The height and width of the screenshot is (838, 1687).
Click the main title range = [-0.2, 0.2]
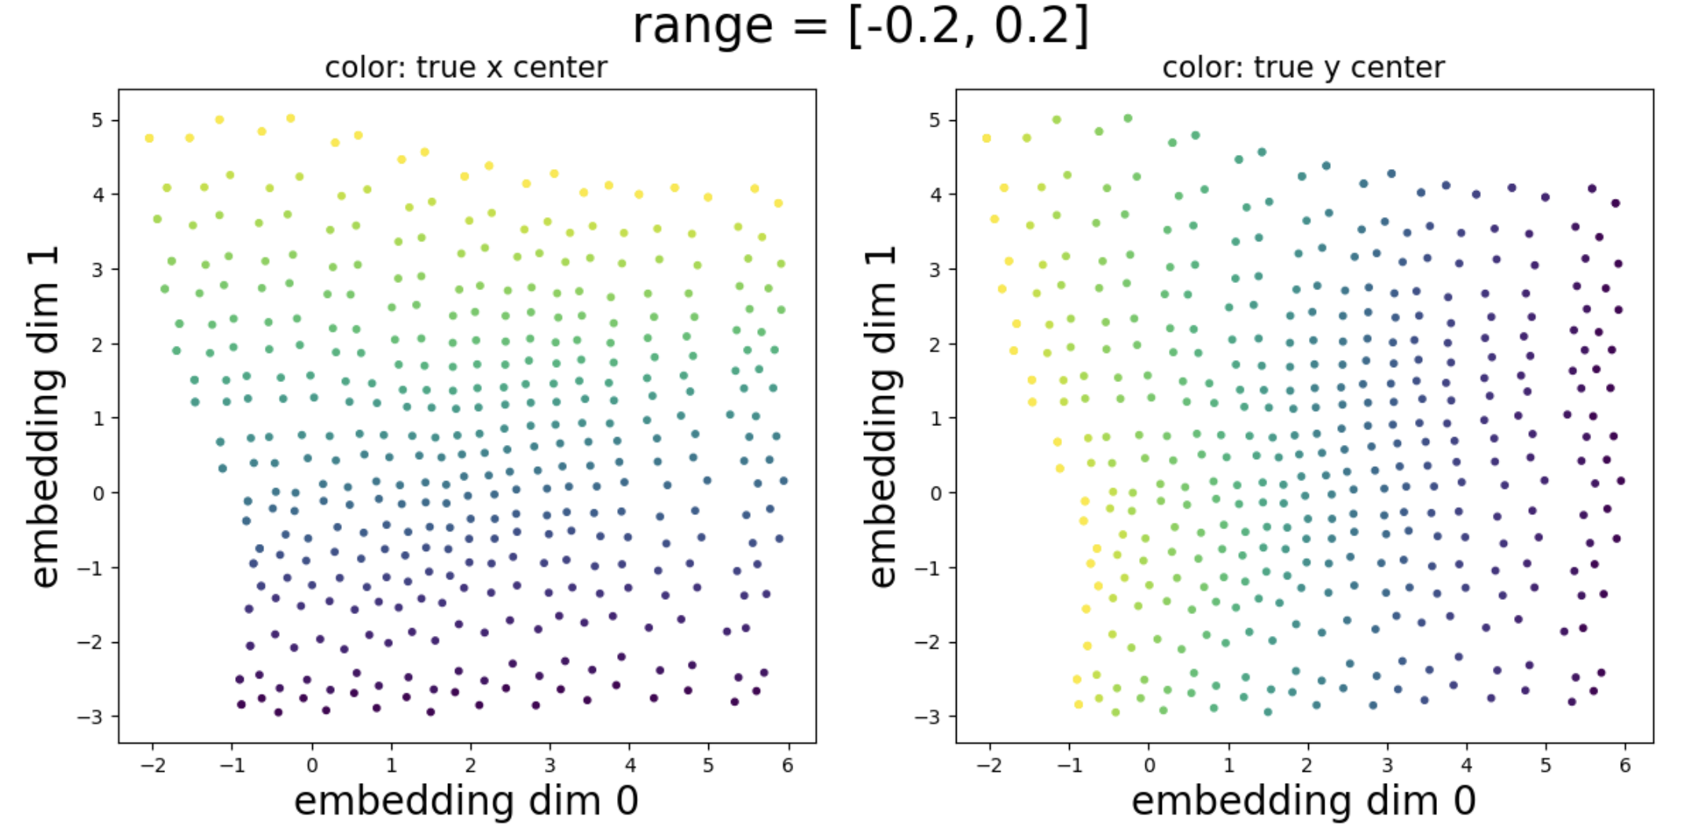click(860, 27)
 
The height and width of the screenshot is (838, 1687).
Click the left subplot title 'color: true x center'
click(466, 68)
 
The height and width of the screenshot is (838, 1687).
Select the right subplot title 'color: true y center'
click(1303, 68)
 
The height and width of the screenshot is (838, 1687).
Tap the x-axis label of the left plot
click(466, 801)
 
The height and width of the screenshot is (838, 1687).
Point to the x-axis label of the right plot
click(1303, 801)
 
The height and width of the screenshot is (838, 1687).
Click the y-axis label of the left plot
click(46, 416)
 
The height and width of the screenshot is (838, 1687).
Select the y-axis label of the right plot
click(883, 416)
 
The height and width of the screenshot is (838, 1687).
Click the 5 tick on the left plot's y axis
click(97, 120)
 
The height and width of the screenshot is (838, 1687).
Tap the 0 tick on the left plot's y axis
click(98, 494)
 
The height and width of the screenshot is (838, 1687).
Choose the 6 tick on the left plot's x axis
click(788, 765)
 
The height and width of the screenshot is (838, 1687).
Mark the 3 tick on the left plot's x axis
click(550, 765)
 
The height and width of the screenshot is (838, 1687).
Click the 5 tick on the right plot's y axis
click(935, 120)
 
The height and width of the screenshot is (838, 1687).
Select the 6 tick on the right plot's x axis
click(1625, 765)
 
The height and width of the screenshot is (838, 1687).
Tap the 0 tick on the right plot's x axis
click(1149, 765)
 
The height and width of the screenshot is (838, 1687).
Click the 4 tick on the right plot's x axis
click(1466, 765)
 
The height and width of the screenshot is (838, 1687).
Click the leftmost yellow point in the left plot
click(149, 138)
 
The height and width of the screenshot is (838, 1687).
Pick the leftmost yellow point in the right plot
click(987, 138)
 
